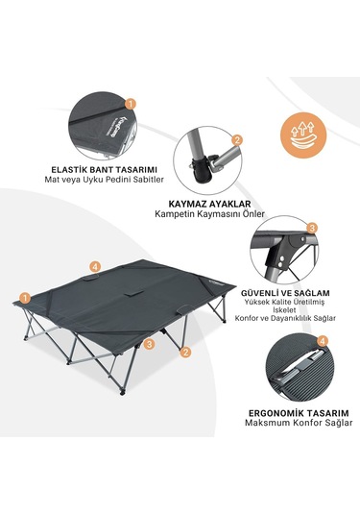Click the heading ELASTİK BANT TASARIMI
(105, 170)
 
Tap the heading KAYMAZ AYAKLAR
(209, 204)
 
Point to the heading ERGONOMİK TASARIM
(299, 413)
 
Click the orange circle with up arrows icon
(303, 135)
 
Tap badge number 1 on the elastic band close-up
(131, 105)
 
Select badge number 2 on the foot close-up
(237, 140)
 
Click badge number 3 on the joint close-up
(311, 228)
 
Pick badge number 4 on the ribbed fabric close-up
(323, 342)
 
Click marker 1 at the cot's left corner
(25, 298)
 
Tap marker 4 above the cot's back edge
(95, 267)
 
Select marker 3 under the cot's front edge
(150, 344)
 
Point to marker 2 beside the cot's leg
(185, 353)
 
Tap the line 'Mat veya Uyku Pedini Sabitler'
(105, 180)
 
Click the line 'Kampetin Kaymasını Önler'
(209, 214)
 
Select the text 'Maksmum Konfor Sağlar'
(299, 423)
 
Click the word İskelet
(279, 309)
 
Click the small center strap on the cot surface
(133, 293)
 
